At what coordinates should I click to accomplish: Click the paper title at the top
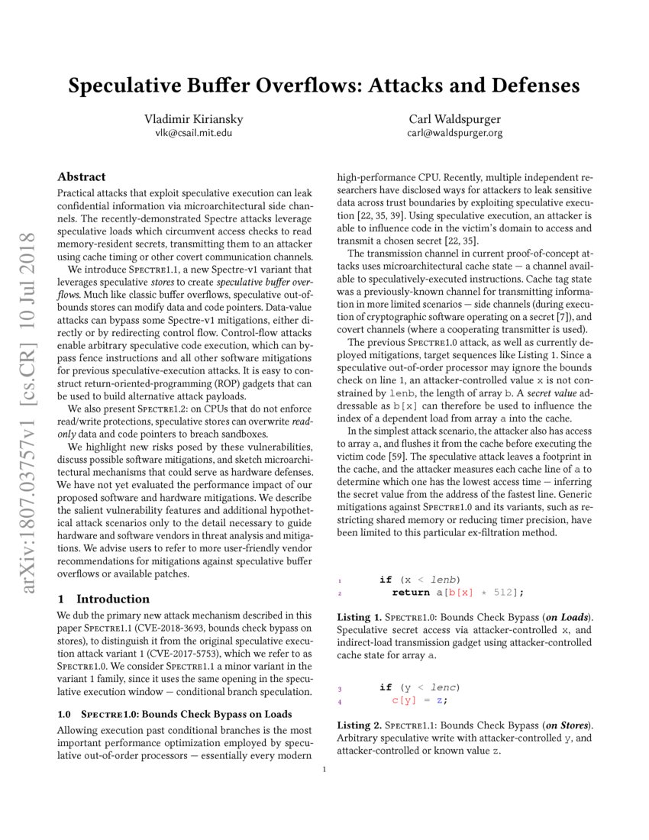(324, 86)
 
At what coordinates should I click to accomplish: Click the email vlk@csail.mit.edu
(189, 132)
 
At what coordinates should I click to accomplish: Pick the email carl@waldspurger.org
(455, 132)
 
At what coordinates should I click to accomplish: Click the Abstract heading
(82, 176)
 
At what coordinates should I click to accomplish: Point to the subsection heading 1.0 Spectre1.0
(174, 714)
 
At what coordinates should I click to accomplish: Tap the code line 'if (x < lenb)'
(419, 580)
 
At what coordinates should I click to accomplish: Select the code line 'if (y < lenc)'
(419, 687)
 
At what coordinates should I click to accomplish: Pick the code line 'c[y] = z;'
(419, 700)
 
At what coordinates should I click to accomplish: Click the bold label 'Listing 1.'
(360, 616)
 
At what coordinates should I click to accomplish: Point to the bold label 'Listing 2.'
(360, 725)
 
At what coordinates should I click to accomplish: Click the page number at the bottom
(324, 769)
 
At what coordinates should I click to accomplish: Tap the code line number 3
(340, 688)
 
